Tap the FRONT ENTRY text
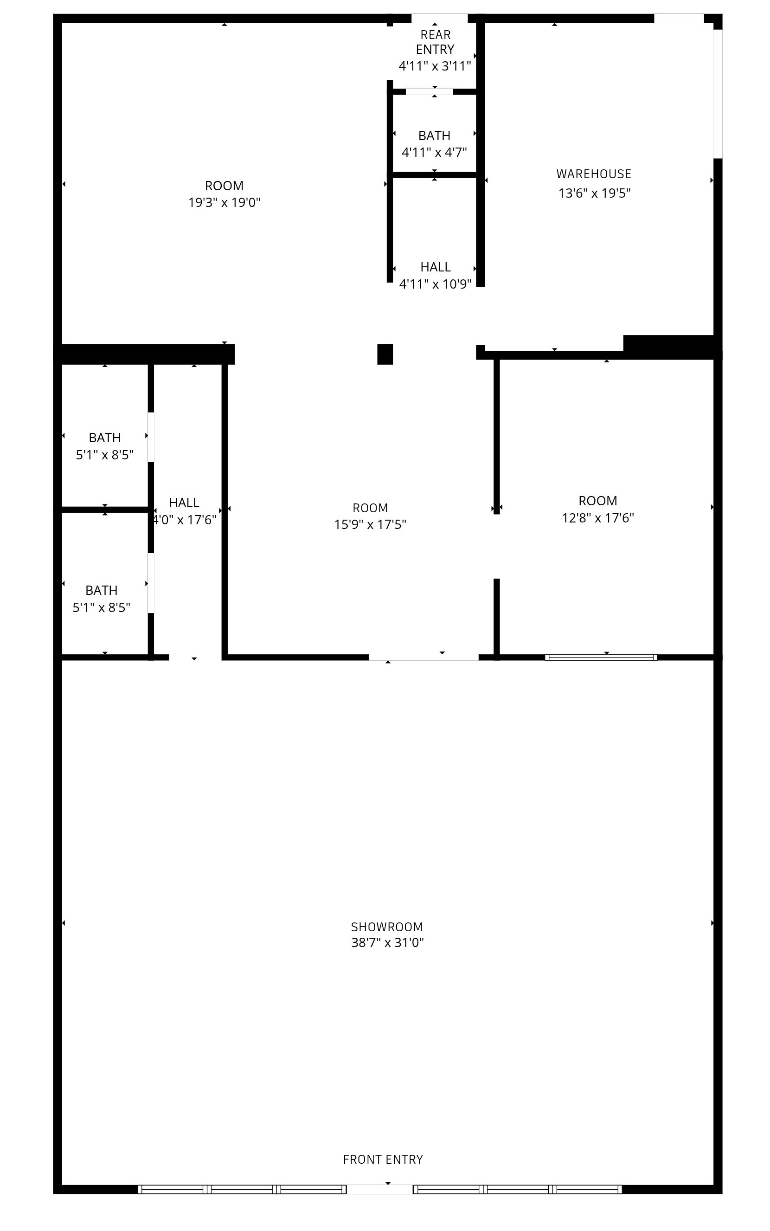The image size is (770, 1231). click(x=383, y=1159)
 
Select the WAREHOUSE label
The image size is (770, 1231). click(x=594, y=174)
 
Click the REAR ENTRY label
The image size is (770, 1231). click(x=436, y=42)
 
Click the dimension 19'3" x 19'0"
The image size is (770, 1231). click(x=225, y=203)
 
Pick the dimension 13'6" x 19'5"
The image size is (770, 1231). click(x=595, y=193)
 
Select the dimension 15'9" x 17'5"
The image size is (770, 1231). click(x=370, y=525)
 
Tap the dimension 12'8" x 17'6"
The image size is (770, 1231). click(x=598, y=518)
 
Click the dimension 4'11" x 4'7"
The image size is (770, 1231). click(x=434, y=152)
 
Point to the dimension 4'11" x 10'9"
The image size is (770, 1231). click(x=436, y=284)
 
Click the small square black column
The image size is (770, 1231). click(x=385, y=354)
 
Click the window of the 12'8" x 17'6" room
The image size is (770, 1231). click(x=601, y=657)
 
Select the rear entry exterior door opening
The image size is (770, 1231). click(x=439, y=19)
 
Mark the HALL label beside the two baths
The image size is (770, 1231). click(x=184, y=503)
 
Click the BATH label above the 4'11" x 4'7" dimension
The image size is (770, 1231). click(x=434, y=136)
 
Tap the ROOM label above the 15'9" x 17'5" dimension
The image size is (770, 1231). click(x=370, y=508)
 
